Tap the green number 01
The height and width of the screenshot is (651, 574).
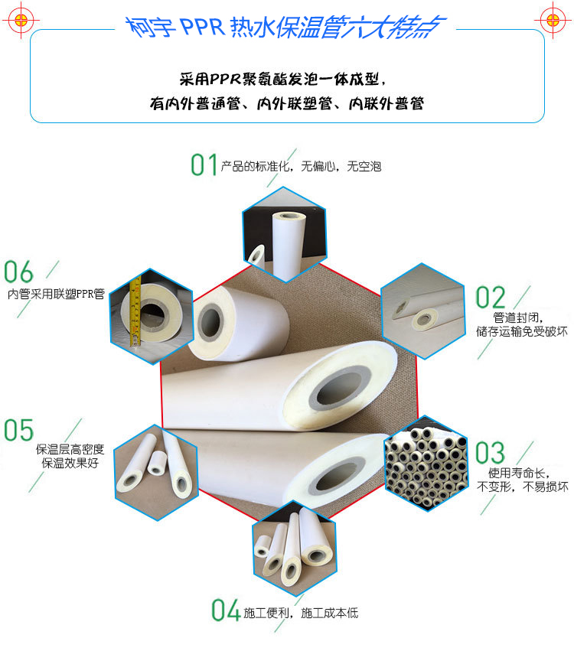click(x=204, y=164)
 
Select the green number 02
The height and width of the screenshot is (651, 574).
click(x=491, y=298)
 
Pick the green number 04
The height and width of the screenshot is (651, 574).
click(x=226, y=610)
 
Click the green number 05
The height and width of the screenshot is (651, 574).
click(x=19, y=431)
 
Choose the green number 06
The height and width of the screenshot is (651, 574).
click(x=19, y=272)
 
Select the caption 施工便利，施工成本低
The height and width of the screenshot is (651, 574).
click(x=301, y=613)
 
